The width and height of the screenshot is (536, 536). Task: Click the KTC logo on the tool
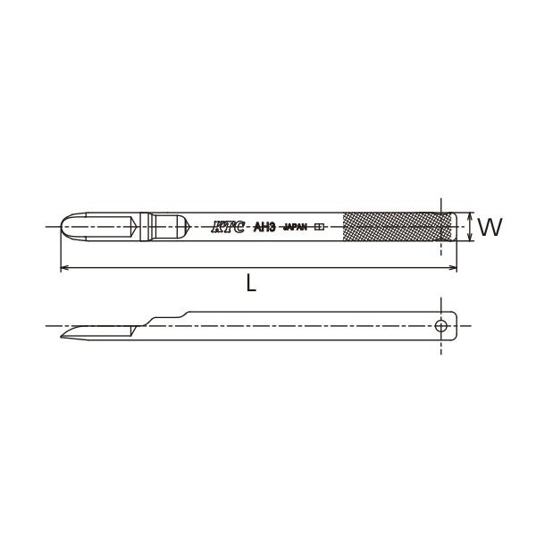[x=228, y=227]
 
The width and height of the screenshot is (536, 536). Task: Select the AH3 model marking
[x=264, y=227]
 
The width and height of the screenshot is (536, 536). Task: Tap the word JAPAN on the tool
[x=296, y=227]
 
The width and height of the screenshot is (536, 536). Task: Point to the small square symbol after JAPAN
[x=319, y=227]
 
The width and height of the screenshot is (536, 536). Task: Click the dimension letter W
[x=490, y=227]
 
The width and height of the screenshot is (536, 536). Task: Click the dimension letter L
[x=251, y=283]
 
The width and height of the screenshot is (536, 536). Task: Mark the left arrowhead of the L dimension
[x=63, y=268]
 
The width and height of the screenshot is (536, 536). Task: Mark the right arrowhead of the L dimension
[x=453, y=268]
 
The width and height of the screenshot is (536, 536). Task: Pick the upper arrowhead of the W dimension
[x=471, y=216]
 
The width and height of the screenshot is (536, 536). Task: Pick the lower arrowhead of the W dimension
[x=471, y=238]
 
